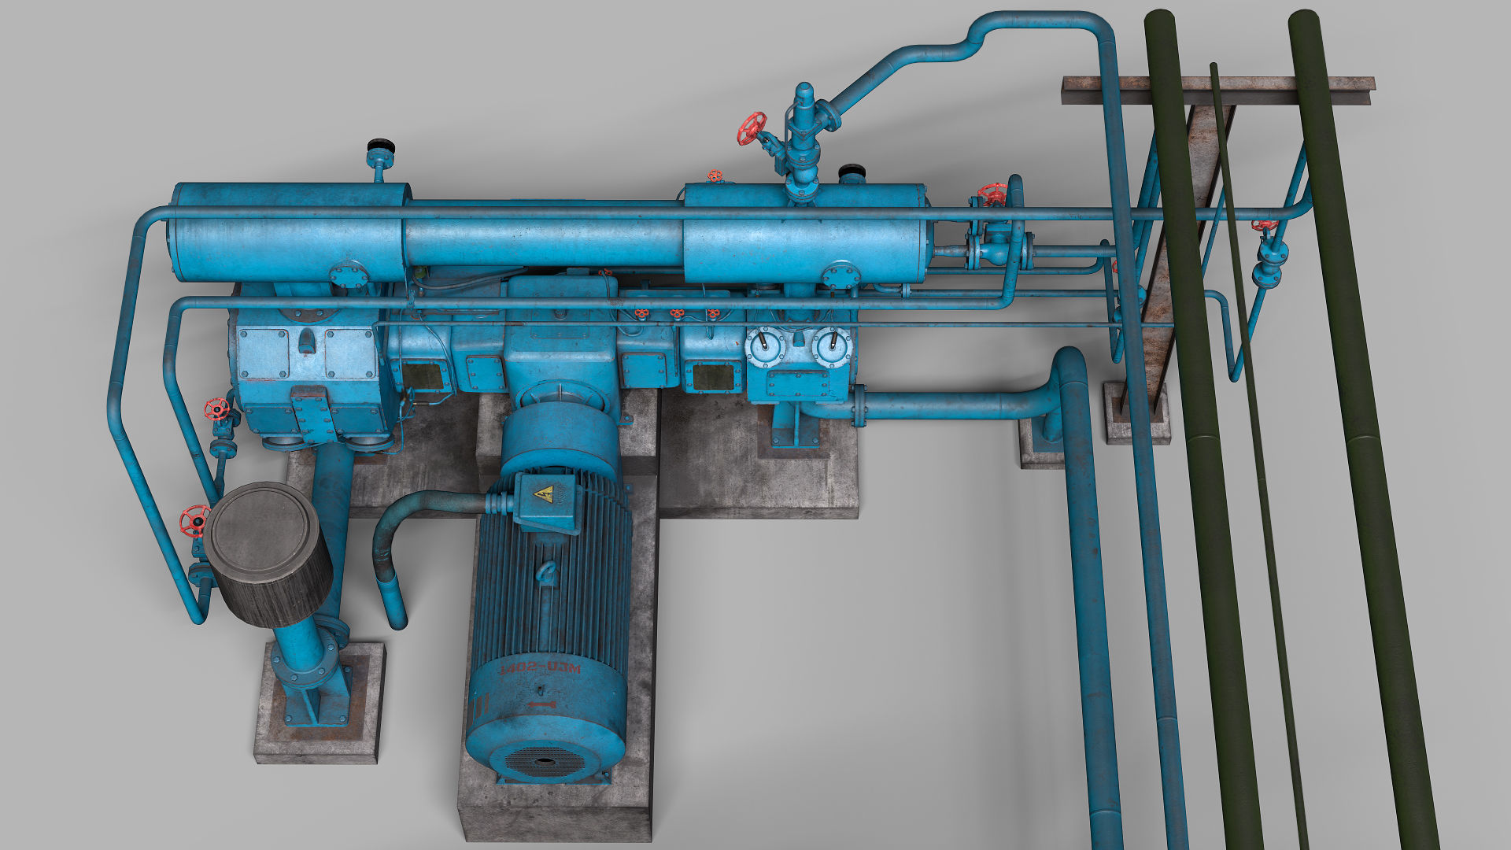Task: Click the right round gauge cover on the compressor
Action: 830,346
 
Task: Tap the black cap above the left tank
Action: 381,145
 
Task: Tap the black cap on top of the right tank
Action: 852,170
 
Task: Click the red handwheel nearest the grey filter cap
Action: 194,519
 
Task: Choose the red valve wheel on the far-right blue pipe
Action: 1264,225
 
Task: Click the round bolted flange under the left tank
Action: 348,275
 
